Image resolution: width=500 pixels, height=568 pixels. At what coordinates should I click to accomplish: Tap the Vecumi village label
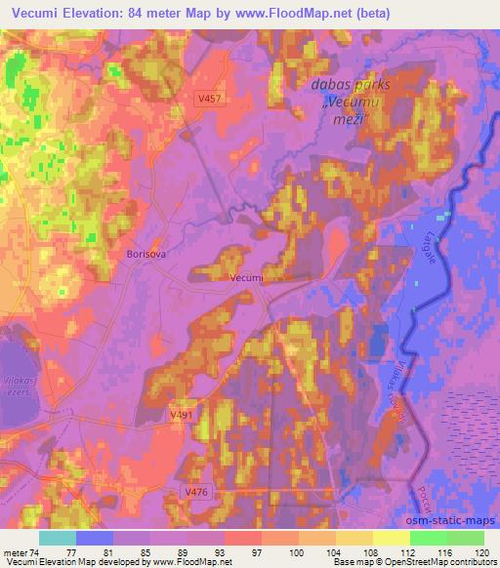coord(247,278)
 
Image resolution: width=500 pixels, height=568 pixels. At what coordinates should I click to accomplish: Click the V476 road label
coord(199,494)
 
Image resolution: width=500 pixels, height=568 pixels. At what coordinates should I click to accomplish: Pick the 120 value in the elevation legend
coord(483,552)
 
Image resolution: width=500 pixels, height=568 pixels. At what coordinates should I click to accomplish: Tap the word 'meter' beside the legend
coord(15,552)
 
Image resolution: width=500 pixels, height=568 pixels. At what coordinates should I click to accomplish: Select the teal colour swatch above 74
coord(58,538)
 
